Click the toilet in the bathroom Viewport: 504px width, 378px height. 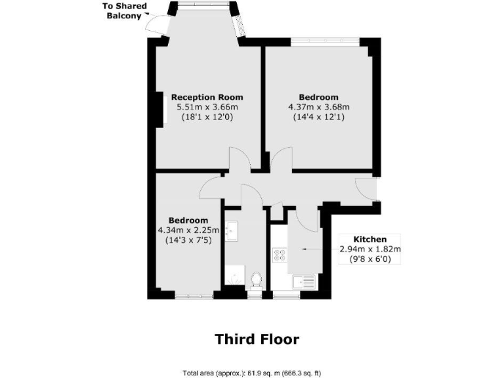point(255,280)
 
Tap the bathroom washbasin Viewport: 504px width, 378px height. point(232,230)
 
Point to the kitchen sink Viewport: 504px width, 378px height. point(305,282)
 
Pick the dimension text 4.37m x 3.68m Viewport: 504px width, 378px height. point(319,107)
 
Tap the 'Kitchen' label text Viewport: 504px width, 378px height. point(370,239)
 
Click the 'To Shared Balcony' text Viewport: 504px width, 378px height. point(125,11)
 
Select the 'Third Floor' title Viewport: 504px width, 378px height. point(257,339)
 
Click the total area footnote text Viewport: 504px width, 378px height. point(252,373)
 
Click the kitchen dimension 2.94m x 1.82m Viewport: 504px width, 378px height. point(370,249)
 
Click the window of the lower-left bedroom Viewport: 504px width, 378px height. point(194,296)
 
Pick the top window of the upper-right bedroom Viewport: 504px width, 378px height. point(324,41)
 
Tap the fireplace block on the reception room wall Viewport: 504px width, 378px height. point(160,109)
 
